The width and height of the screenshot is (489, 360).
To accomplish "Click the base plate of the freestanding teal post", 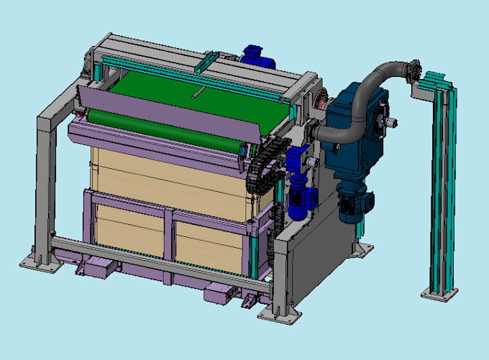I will [x=438, y=291].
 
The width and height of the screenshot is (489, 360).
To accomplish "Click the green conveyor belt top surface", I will [x=180, y=93].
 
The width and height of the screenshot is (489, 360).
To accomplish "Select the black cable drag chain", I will [x=259, y=172].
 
